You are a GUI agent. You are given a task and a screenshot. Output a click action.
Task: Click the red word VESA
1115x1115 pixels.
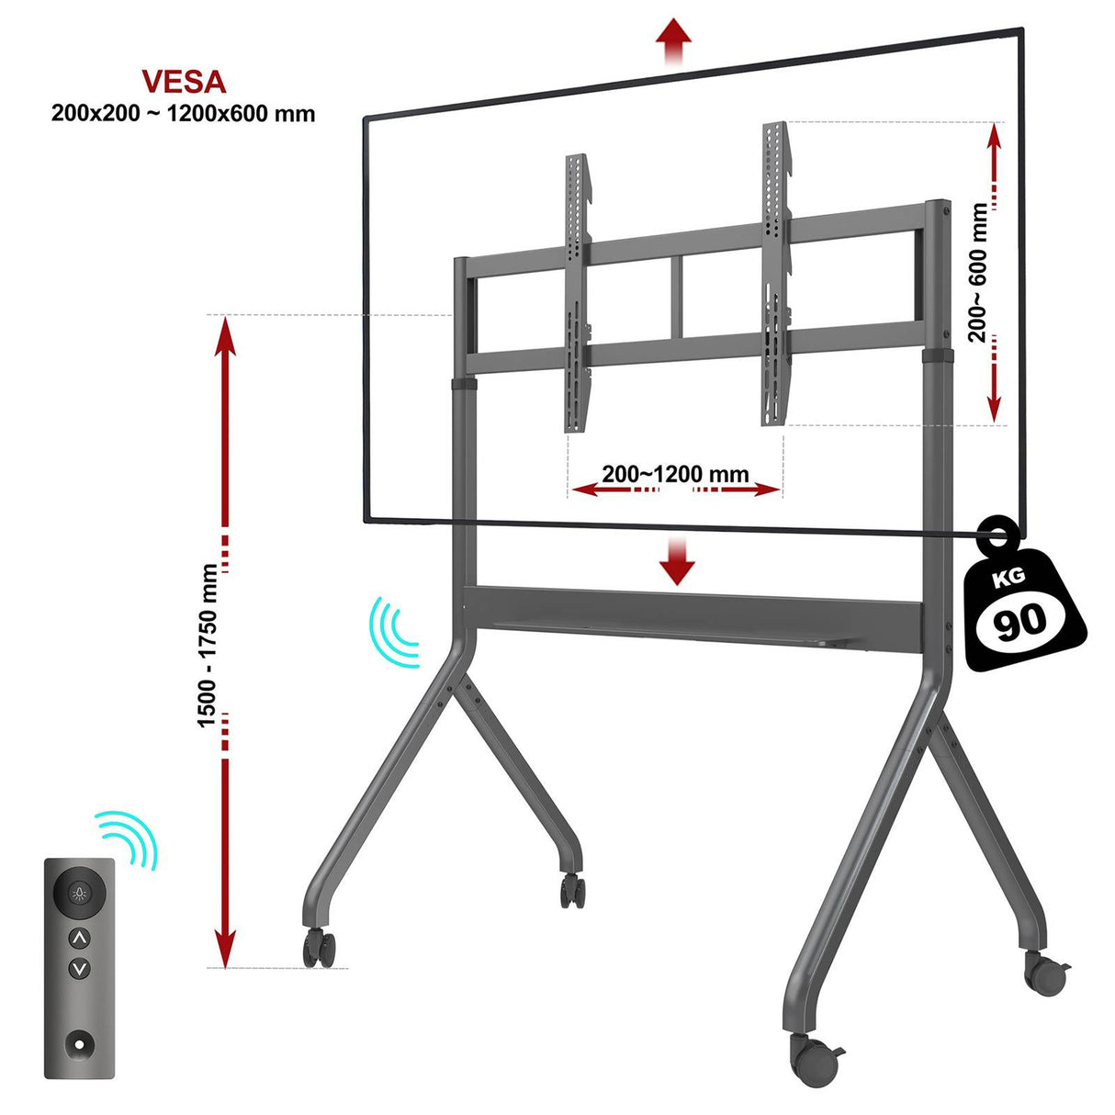184,82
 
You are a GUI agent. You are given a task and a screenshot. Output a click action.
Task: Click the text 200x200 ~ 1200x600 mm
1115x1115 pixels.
183,114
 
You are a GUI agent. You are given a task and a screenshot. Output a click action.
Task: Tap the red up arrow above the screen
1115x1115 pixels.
674,39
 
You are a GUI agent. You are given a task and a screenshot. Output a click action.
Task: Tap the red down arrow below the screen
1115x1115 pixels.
677,561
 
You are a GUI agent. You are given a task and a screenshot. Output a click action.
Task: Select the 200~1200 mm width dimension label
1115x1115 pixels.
676,475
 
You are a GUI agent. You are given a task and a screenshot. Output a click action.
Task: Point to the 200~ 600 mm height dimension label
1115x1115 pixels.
979,273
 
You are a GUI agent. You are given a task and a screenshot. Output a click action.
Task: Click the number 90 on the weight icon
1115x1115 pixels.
1020,622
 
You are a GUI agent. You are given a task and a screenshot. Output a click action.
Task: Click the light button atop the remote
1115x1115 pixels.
80,892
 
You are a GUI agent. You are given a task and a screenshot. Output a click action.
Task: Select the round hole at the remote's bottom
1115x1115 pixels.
80,1043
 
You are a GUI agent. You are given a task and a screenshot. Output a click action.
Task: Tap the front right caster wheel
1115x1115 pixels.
813,1060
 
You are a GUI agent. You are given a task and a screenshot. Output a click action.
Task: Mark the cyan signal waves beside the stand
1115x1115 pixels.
393,631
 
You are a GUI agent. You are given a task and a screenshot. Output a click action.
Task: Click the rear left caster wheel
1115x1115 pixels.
573,890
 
